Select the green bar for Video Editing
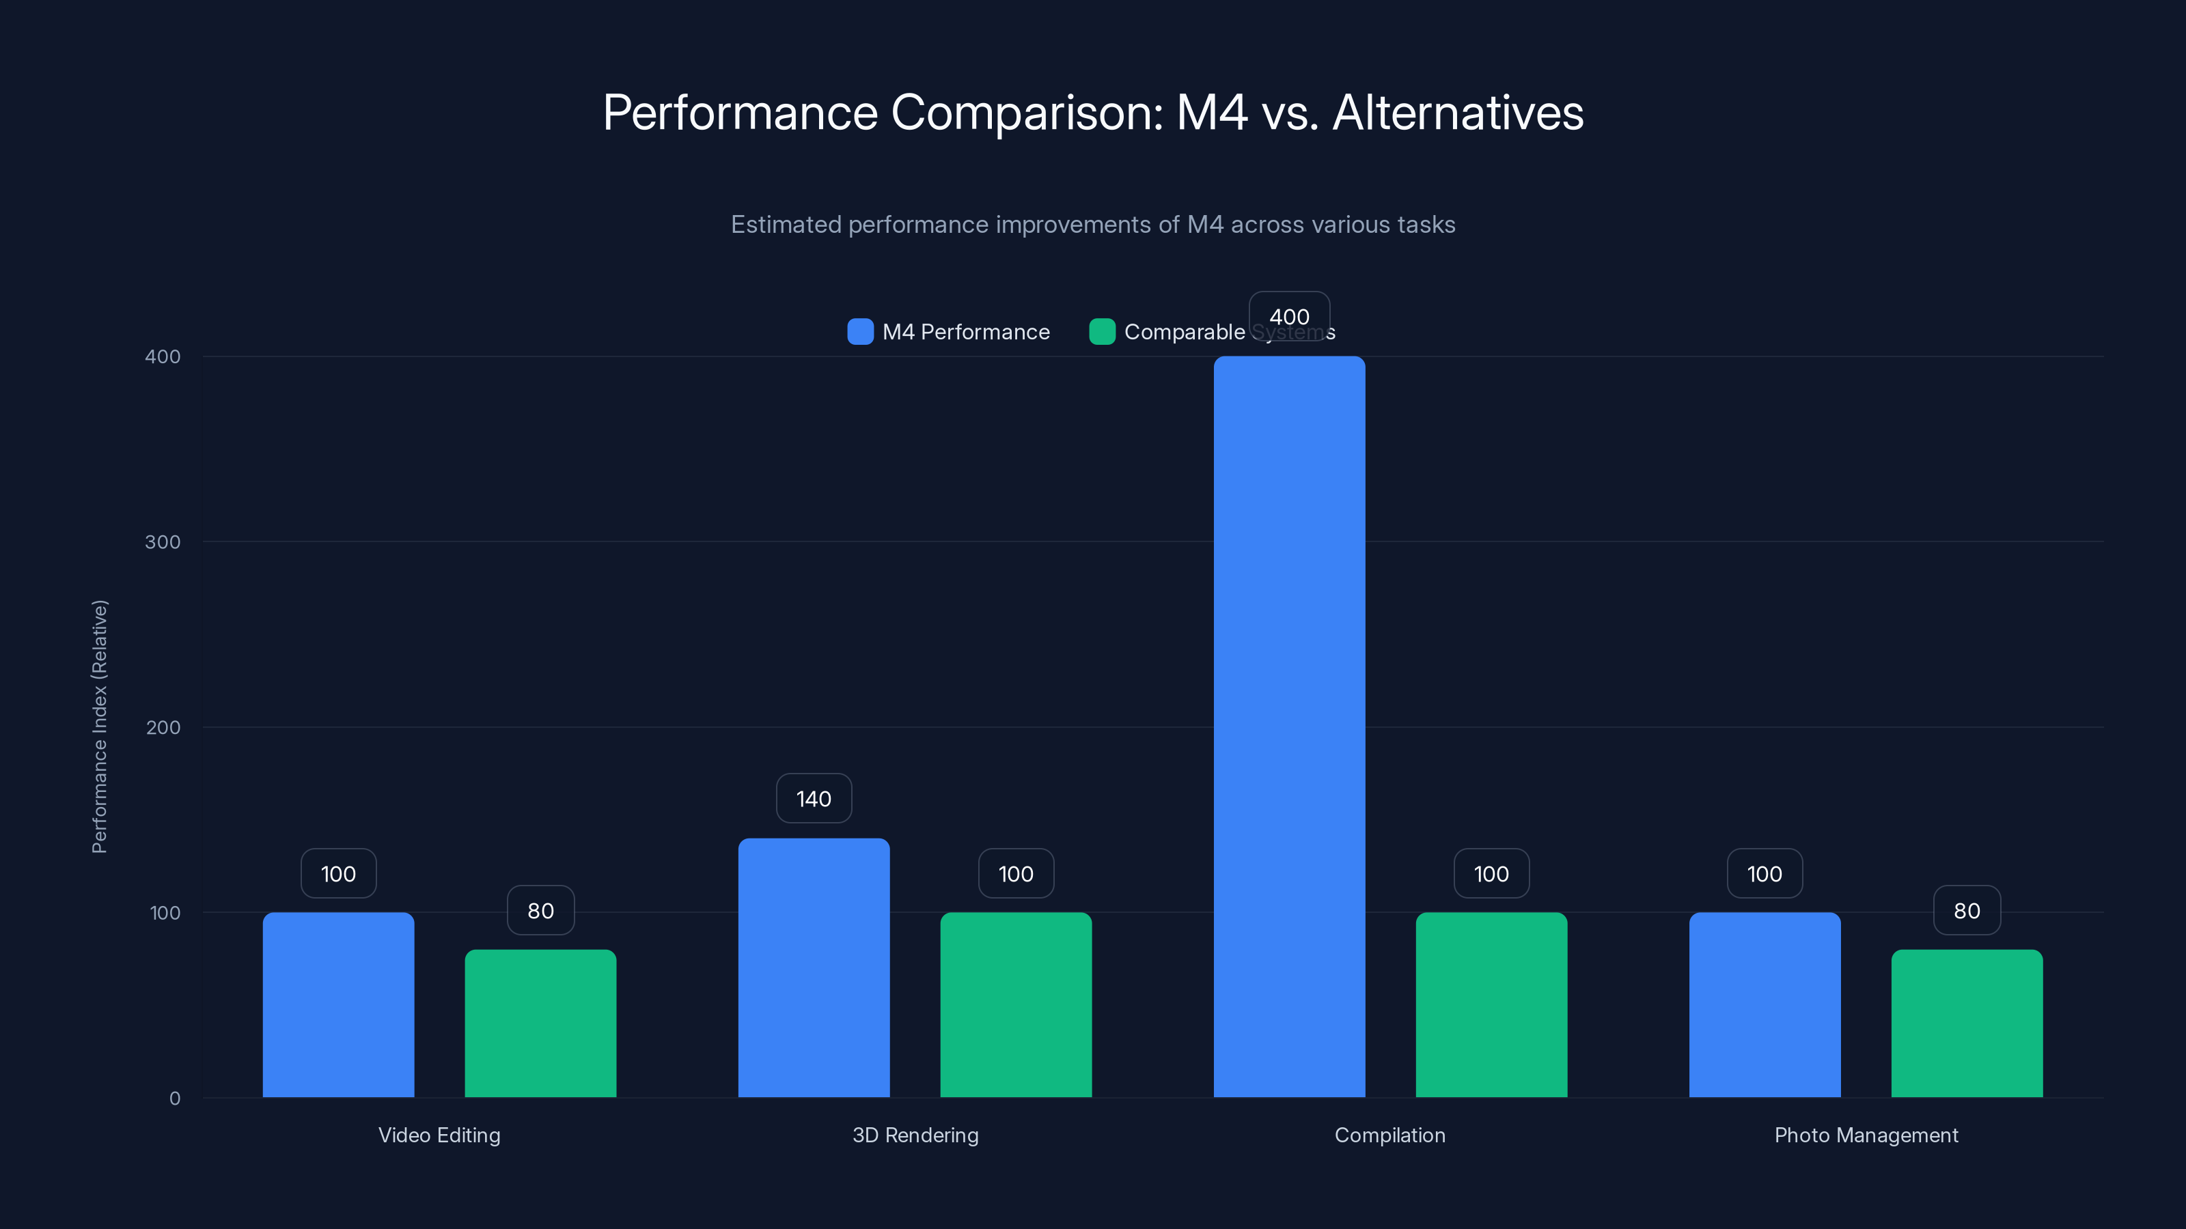point(540,1023)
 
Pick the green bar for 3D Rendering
point(1015,1004)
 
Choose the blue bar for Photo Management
point(1765,1004)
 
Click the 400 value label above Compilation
point(1288,315)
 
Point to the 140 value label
point(813,798)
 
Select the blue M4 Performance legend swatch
point(859,332)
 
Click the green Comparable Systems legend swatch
point(1101,332)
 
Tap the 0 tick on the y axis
point(174,1099)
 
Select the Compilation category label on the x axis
point(1389,1135)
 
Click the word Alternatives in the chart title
point(1457,113)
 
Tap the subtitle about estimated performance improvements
point(1092,225)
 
